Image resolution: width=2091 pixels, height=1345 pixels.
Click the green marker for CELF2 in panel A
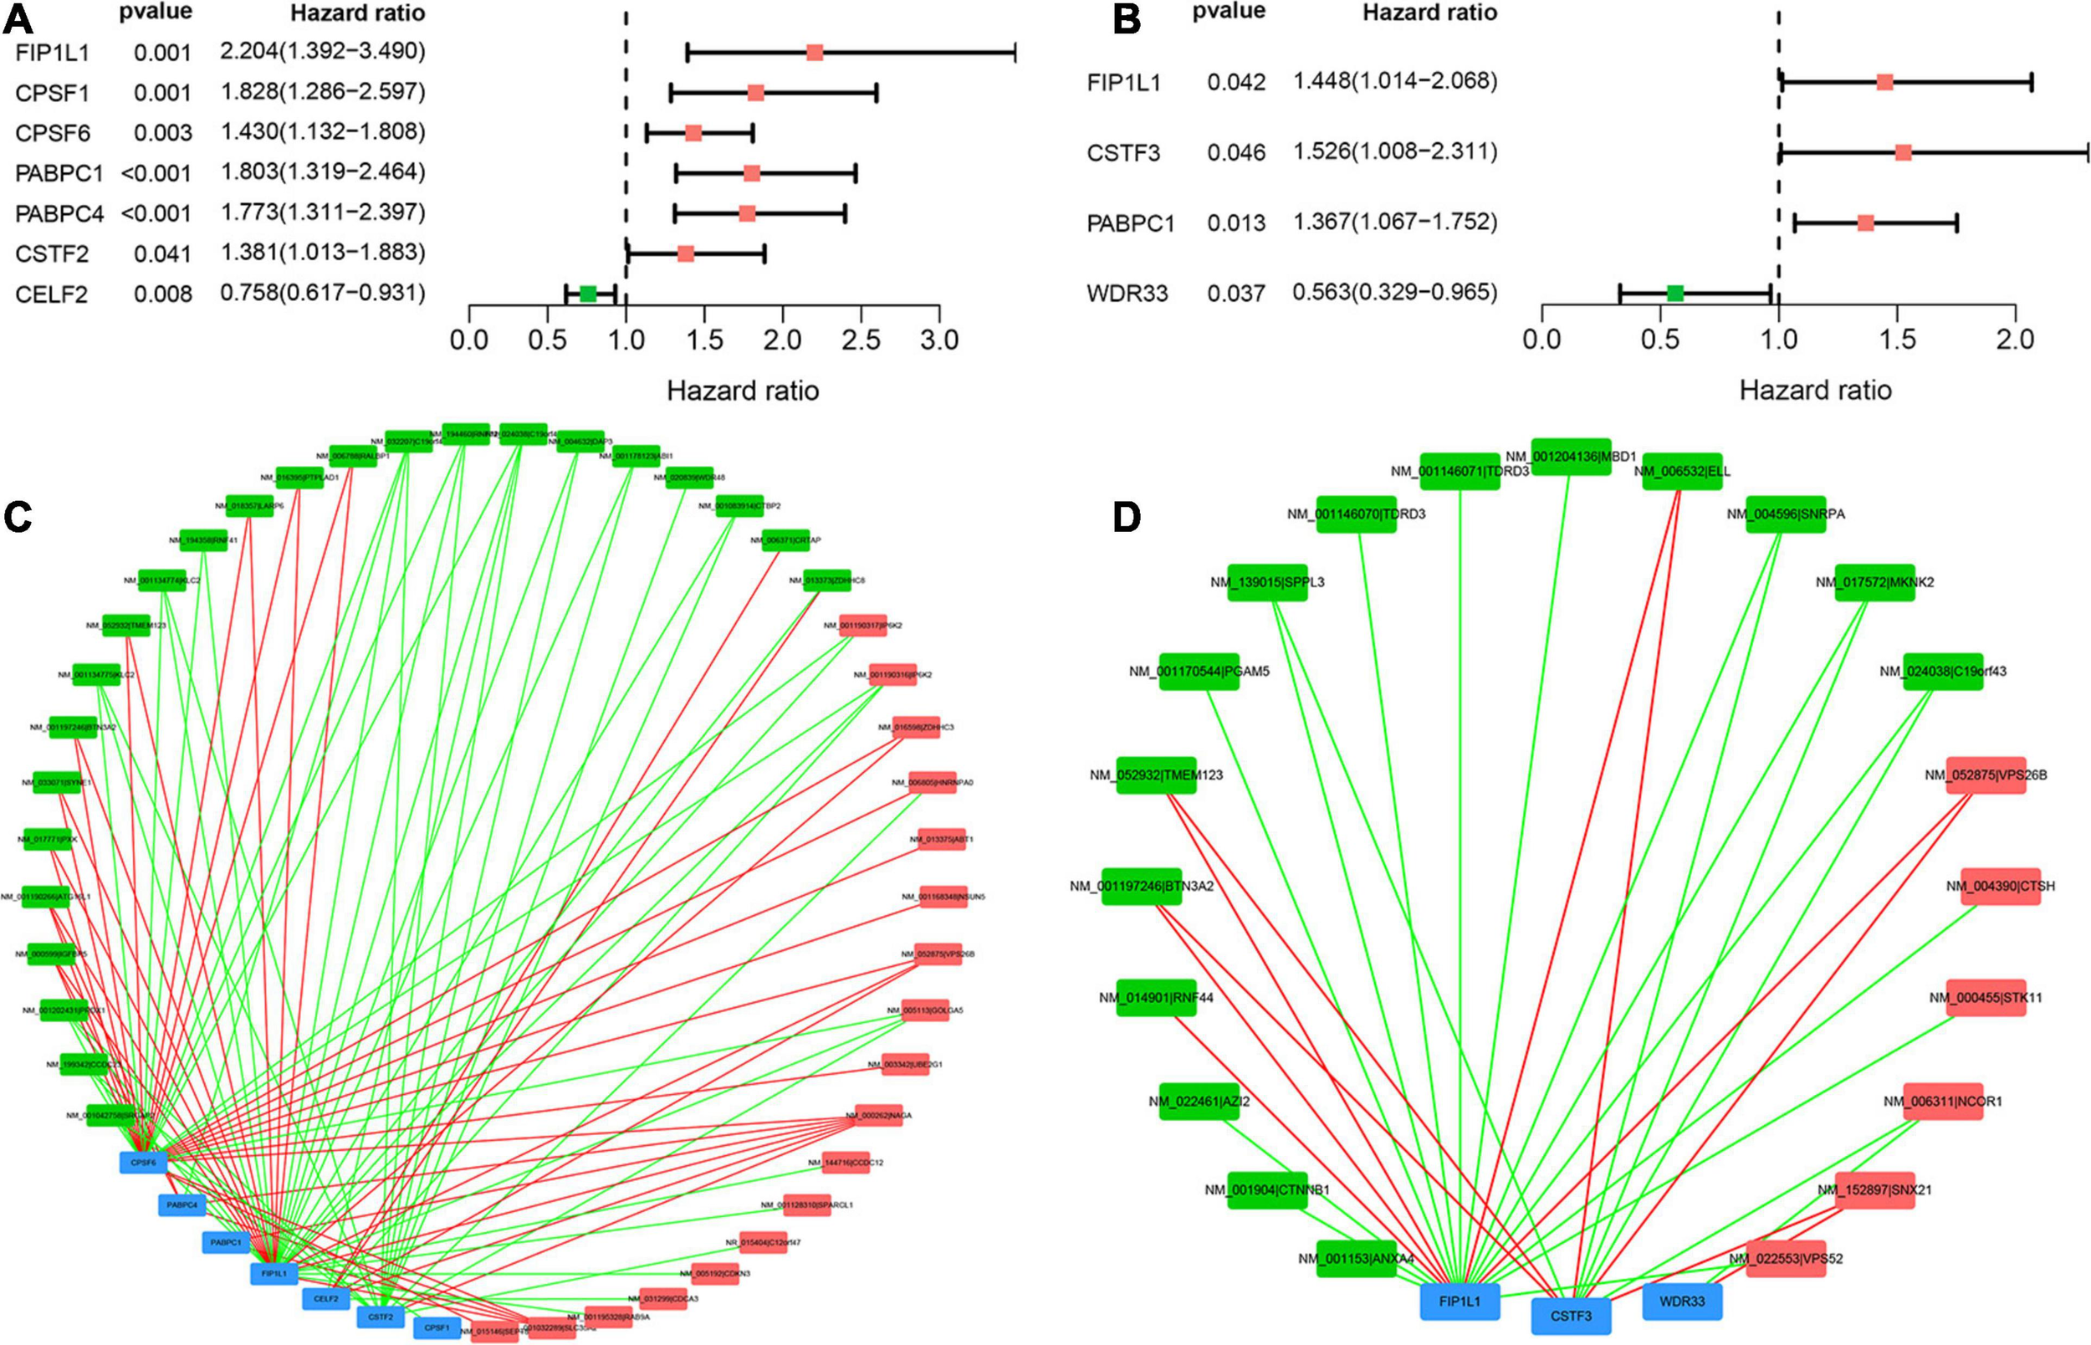(588, 294)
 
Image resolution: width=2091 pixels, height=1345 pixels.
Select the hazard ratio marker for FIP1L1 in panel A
(815, 53)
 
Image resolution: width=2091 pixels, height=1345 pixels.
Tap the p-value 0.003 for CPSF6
(162, 133)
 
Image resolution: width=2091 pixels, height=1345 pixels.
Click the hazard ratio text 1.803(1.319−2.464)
(322, 172)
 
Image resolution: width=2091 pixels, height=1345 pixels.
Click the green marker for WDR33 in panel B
(1674, 293)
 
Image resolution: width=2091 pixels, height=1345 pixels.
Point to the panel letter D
(1127, 517)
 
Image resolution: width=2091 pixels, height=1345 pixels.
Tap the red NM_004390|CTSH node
(1999, 887)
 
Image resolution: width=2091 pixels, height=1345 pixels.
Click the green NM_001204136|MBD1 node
(1571, 456)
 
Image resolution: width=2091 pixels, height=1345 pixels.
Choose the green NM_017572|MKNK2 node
(1874, 582)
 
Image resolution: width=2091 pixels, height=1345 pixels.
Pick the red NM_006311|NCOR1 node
(1943, 1102)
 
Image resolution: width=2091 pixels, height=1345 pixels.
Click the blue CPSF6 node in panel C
(143, 1163)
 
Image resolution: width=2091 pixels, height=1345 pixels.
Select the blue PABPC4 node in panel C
(182, 1205)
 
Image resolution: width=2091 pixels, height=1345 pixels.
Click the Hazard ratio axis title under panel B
(1815, 390)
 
